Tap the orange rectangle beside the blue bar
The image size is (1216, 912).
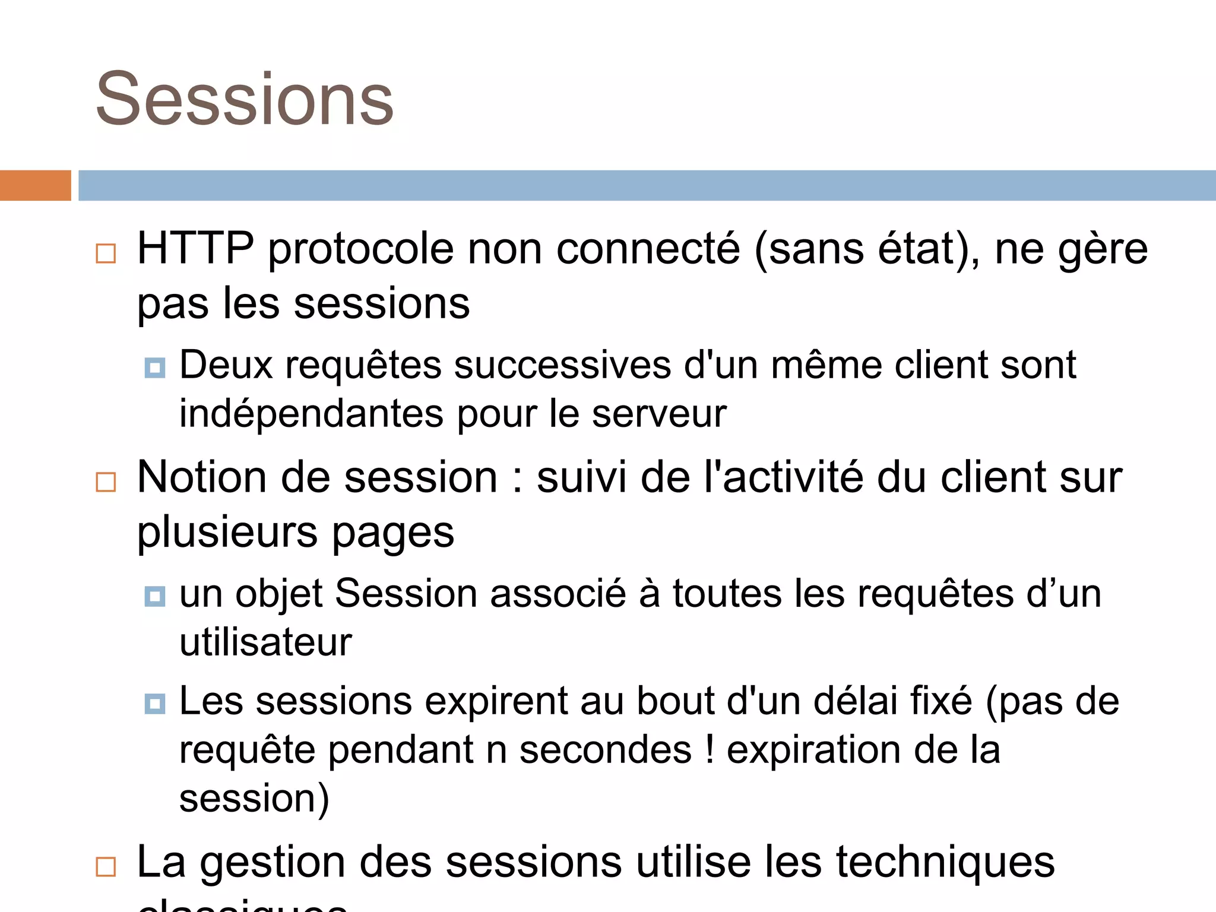click(35, 185)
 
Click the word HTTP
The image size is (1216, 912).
click(195, 248)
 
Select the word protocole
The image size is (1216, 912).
click(361, 249)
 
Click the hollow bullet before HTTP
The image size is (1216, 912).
click(106, 254)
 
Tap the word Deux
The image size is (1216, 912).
click(226, 365)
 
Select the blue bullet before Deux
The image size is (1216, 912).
click(155, 368)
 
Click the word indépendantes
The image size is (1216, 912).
click(311, 414)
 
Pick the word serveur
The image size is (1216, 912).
click(659, 414)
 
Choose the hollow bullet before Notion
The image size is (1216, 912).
click(106, 482)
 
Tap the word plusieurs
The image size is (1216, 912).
click(227, 533)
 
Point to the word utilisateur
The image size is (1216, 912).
click(265, 642)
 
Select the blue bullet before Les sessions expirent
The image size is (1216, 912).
click(155, 704)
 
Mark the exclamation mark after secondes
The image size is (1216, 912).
click(710, 749)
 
